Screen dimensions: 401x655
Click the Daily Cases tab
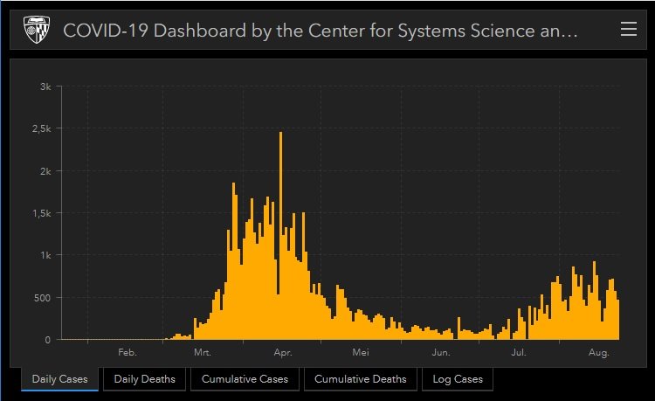(59, 379)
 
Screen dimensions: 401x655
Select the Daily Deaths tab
(144, 379)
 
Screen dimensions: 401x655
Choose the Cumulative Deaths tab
(360, 379)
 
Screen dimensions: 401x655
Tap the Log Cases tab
(457, 379)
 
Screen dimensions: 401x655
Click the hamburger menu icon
(628, 30)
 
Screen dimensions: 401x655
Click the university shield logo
(36, 31)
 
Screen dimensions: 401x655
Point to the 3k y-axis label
(45, 86)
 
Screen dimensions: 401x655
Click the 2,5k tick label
(42, 128)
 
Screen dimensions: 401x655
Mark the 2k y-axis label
(45, 171)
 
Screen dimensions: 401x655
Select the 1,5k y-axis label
(42, 213)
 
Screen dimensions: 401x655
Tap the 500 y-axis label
(44, 298)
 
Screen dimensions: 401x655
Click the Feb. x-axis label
(127, 353)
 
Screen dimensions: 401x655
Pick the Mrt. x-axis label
(202, 353)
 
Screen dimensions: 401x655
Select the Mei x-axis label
(361, 353)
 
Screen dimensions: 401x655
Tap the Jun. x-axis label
(440, 353)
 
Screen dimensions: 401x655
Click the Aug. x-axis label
(598, 353)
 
